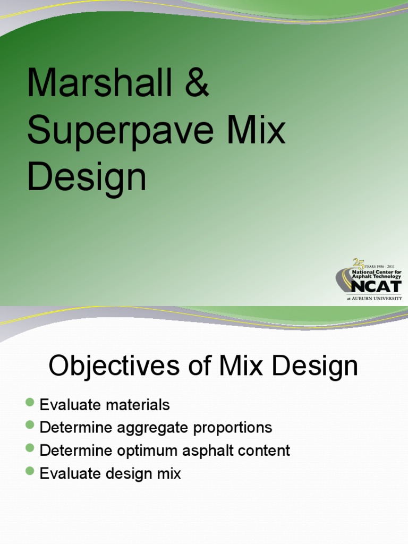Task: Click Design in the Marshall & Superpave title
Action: click(87, 178)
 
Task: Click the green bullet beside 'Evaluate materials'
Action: click(30, 402)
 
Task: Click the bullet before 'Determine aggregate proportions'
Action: click(30, 425)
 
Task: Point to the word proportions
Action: click(232, 428)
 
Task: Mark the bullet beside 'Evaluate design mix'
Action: click(30, 471)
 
